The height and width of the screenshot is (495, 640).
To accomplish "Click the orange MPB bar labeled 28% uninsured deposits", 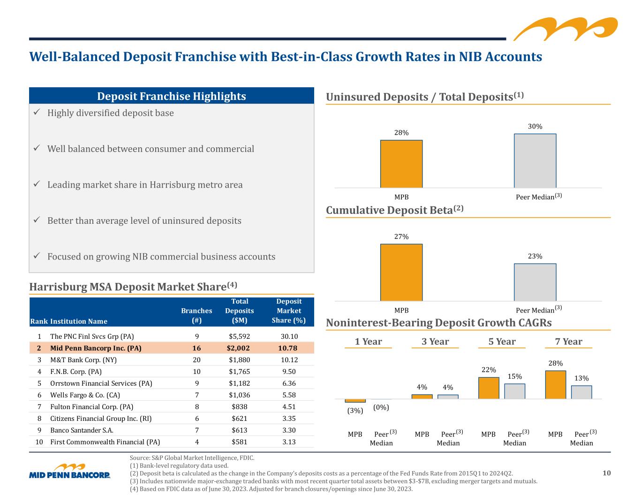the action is [x=401, y=164].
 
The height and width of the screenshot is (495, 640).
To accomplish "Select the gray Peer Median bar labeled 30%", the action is [x=535, y=160].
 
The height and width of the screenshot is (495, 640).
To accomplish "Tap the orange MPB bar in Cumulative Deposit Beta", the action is [x=401, y=272].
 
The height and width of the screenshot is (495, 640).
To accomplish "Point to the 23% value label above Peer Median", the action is [x=535, y=256].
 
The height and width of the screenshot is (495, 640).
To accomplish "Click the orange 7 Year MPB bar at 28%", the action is [x=556, y=385].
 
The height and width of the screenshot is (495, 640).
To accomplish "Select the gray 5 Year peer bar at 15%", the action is [x=514, y=391].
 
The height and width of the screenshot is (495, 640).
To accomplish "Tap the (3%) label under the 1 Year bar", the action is [x=355, y=411].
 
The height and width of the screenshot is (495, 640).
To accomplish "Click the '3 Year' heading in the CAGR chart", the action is [x=435, y=342].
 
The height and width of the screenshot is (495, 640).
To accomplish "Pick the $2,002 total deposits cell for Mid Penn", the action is [x=238, y=348].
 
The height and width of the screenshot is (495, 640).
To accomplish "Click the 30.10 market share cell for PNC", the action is [x=289, y=336].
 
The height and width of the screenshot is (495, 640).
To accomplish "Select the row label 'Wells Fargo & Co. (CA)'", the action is [x=85, y=395].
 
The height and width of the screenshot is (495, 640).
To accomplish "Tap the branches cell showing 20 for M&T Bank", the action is [x=196, y=360].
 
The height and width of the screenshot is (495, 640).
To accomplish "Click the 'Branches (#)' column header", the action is [x=196, y=315].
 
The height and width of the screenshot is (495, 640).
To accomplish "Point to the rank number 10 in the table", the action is [x=39, y=442].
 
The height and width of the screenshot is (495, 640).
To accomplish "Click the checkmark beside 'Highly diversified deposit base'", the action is [x=37, y=112].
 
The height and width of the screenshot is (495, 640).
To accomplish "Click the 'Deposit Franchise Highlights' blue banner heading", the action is [x=172, y=96].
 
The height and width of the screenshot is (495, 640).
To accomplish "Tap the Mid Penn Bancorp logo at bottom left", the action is [x=70, y=471].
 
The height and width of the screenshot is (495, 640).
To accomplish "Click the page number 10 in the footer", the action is [x=606, y=473].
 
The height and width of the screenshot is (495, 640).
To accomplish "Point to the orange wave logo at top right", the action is [x=565, y=29].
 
